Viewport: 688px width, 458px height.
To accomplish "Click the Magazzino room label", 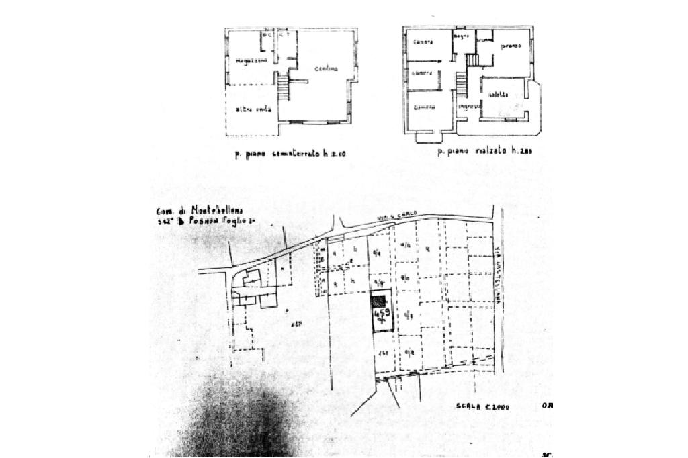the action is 251,61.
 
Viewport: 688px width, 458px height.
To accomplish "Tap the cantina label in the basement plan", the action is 325,69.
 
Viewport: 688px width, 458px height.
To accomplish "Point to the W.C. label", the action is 268,35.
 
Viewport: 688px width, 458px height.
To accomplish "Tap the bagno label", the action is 460,36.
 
